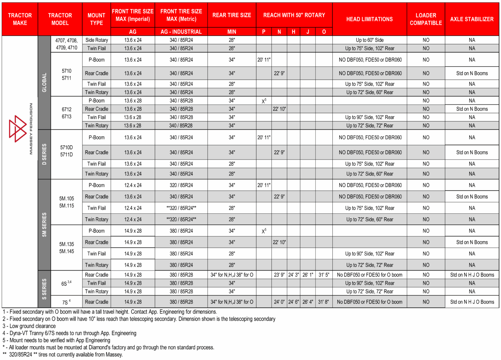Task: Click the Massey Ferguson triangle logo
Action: coord(18,129)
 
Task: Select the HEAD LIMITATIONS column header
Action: coord(369,19)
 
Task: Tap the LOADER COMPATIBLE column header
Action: coord(426,19)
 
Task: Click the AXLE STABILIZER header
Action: coord(472,19)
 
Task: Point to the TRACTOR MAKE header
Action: coord(20,19)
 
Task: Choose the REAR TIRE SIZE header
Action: coord(232,15)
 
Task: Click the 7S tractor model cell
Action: coord(66,302)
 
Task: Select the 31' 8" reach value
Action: coord(324,302)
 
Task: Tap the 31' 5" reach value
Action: coord(324,275)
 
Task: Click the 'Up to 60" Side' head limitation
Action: coord(370,40)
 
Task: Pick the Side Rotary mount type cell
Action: coord(97,40)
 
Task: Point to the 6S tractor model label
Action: coord(66,283)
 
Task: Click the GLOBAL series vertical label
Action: coord(44,82)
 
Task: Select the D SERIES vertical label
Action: coord(44,154)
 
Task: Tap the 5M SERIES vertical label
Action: coord(44,225)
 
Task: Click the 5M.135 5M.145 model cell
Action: coord(67,248)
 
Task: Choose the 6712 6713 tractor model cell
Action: coord(67,113)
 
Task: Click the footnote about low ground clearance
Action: coord(29,326)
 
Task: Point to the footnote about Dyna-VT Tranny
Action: coord(69,333)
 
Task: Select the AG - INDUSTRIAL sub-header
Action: coord(181,32)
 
